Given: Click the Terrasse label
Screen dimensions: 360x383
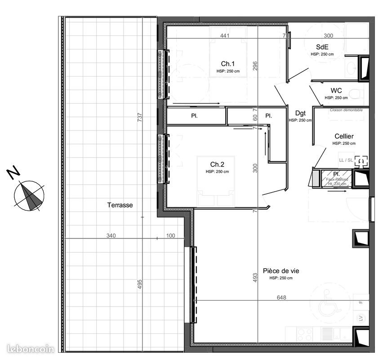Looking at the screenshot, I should (120, 205).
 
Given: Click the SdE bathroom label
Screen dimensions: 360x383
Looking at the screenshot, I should (322, 46).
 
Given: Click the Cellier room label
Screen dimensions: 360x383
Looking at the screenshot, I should (344, 136).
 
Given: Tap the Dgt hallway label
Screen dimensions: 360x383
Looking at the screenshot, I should (300, 113).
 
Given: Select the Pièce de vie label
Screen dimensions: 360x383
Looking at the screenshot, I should (281, 271).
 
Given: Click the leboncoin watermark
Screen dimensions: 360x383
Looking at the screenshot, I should (31, 349).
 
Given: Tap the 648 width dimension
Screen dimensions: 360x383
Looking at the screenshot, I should (281, 297).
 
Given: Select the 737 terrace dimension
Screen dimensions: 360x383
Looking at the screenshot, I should (140, 118).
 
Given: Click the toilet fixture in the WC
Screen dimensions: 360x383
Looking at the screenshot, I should (357, 94).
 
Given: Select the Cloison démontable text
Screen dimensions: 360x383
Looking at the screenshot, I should (346, 110).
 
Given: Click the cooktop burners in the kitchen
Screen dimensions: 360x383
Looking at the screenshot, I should (305, 333).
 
